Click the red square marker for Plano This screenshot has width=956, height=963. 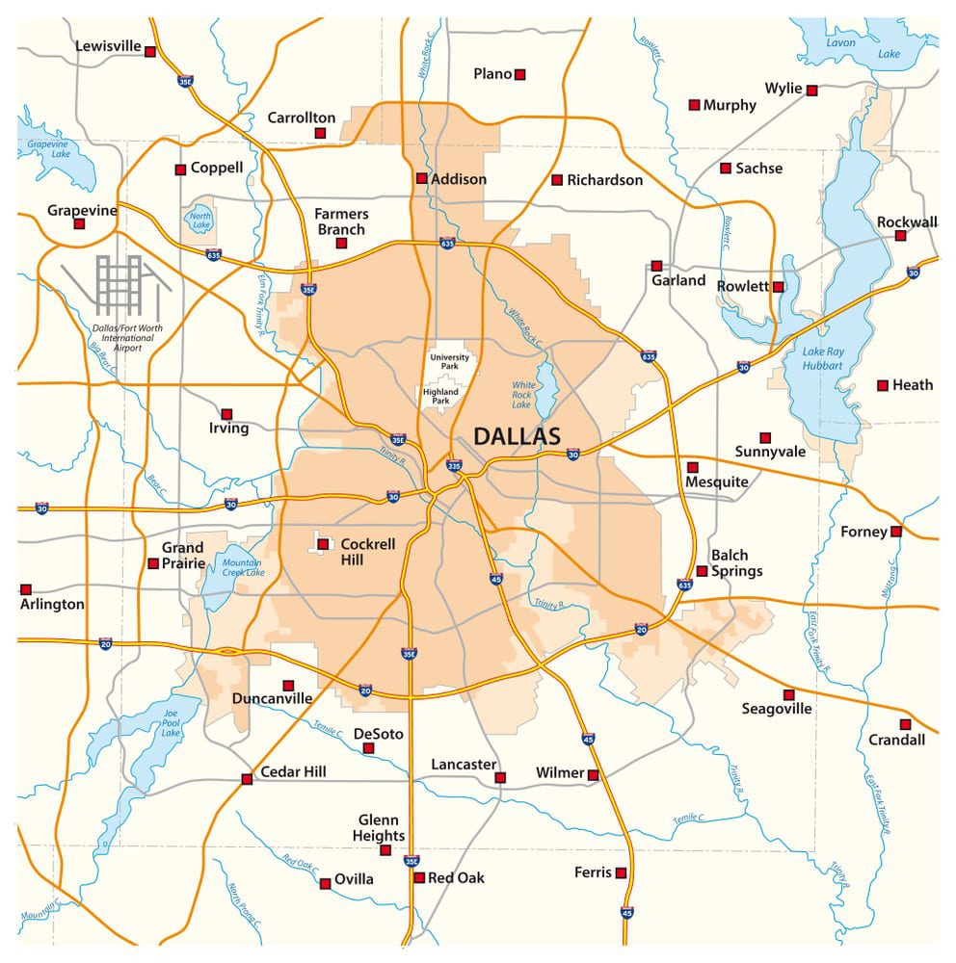520,74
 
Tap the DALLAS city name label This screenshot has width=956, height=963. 517,436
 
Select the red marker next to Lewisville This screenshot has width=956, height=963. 150,52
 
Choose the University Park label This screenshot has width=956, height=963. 450,362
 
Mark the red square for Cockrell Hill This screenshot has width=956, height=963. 323,544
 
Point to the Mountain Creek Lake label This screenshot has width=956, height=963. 243,567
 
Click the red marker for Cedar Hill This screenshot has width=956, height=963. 247,779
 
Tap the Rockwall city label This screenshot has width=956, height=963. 907,222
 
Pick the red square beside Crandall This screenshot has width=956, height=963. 905,724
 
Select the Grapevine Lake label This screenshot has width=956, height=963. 48,148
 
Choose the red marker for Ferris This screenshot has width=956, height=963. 622,873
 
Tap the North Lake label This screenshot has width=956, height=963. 199,222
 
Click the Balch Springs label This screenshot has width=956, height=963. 736,563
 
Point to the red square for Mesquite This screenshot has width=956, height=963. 692,467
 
